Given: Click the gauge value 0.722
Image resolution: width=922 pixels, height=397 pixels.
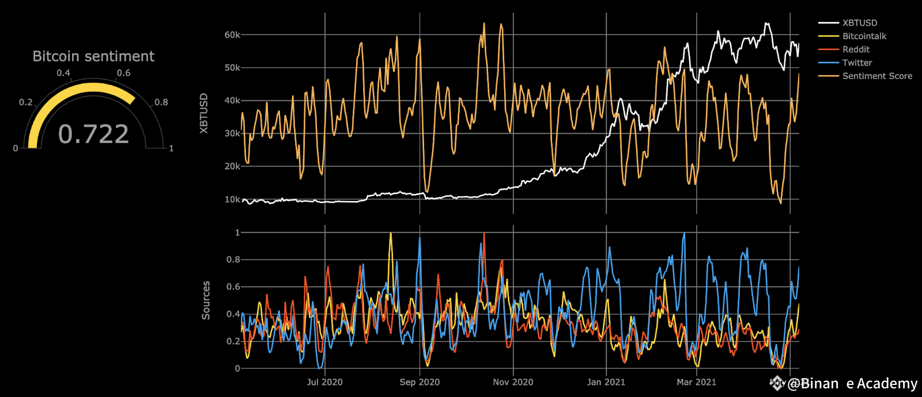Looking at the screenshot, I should click(x=93, y=134).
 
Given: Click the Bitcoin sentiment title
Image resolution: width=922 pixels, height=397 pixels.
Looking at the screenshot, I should click(x=93, y=56).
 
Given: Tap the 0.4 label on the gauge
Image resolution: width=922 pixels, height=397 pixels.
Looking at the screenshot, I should click(x=63, y=73).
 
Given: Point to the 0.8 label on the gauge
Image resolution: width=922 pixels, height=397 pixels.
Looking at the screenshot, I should click(x=161, y=102).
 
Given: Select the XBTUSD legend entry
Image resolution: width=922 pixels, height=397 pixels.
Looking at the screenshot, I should click(x=859, y=23).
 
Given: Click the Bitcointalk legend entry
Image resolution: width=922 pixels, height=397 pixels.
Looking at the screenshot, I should click(x=864, y=36).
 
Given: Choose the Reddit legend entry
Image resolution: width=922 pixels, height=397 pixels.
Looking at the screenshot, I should click(x=856, y=49).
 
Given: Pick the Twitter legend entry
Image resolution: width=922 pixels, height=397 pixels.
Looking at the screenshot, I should click(x=857, y=62).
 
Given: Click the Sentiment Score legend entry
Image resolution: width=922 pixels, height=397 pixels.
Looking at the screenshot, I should click(x=876, y=76).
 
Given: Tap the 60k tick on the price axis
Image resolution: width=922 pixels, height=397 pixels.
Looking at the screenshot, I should click(x=232, y=35).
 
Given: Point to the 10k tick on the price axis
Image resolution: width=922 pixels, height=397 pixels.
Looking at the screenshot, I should click(x=232, y=199).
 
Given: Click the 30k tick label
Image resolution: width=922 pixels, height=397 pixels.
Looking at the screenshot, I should click(x=232, y=133).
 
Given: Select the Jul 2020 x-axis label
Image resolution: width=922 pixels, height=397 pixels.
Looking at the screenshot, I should click(x=324, y=382).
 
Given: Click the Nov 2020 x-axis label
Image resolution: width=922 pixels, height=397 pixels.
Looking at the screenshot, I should click(x=513, y=382).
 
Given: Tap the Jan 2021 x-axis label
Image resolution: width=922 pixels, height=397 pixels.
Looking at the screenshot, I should click(x=606, y=382).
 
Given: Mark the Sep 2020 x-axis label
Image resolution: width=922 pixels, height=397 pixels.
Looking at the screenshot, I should click(x=420, y=382).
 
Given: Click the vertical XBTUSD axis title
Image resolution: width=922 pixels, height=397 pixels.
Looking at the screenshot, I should click(x=203, y=113).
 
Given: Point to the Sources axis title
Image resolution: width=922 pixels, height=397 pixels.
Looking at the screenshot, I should click(x=206, y=300).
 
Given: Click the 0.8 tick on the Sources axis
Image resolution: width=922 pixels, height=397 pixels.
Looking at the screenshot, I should click(x=233, y=260).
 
